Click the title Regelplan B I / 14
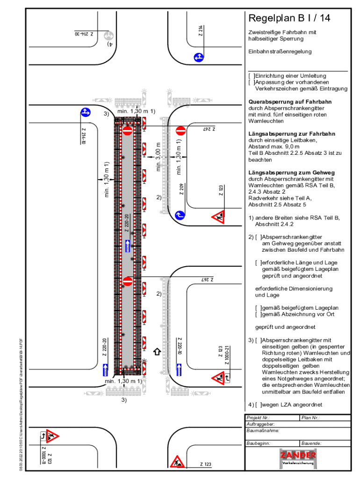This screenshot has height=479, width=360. pyautogui.click(x=289, y=18)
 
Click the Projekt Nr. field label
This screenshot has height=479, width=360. pyautogui.click(x=259, y=418)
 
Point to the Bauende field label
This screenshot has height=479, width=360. pyautogui.click(x=311, y=443)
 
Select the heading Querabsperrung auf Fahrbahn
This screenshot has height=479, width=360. pyautogui.click(x=290, y=102)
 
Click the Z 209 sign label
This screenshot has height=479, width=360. pyautogui.click(x=181, y=189)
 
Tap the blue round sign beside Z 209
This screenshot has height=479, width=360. pyautogui.click(x=180, y=215)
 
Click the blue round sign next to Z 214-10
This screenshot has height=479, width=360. pyautogui.click(x=85, y=112)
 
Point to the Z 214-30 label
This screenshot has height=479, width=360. pyautogui.click(x=84, y=34)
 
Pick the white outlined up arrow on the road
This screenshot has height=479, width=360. pyautogui.click(x=158, y=351)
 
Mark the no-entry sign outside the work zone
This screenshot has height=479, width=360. pyautogui.click(x=180, y=131)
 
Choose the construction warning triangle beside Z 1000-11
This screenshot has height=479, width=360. pyautogui.click(x=52, y=436)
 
